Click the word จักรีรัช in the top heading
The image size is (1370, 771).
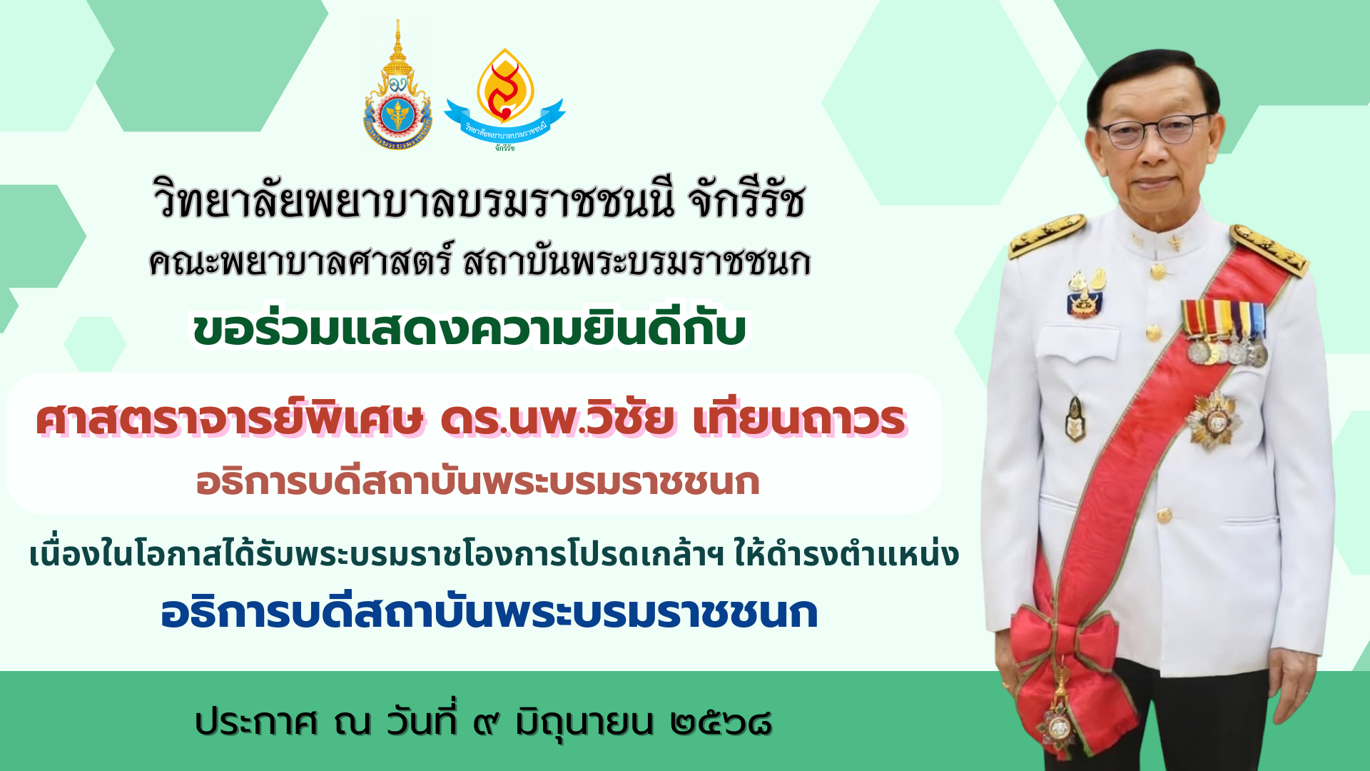(x=747, y=200)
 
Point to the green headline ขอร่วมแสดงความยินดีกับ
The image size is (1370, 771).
(x=470, y=328)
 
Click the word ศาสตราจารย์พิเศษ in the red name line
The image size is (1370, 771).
(x=230, y=419)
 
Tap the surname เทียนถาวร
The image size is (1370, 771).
(x=799, y=419)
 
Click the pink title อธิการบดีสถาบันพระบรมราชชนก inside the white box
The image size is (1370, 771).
(x=477, y=482)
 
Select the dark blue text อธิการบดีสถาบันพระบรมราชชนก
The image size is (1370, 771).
(x=489, y=613)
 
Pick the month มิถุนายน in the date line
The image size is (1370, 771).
(x=584, y=722)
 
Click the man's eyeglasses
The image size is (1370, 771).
(x=1154, y=131)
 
